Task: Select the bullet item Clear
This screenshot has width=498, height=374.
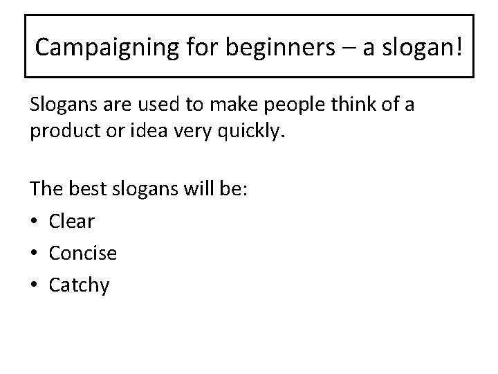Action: (71, 221)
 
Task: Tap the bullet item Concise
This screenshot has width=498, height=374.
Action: (82, 253)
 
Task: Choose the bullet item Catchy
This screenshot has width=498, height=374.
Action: (79, 285)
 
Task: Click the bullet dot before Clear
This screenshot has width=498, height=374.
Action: (35, 222)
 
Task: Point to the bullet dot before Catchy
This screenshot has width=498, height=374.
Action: (35, 285)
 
